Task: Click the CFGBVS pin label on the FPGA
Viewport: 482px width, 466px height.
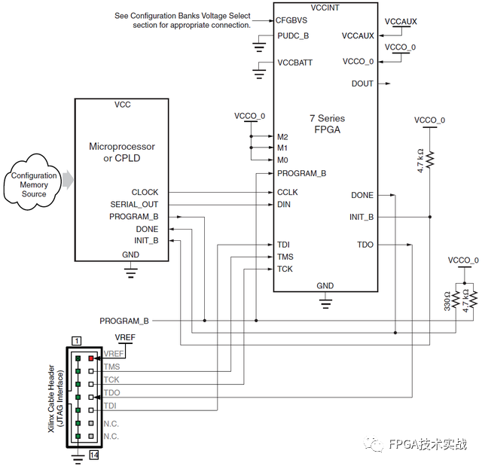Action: [x=291, y=21]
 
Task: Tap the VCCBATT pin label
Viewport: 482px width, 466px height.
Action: [x=294, y=62]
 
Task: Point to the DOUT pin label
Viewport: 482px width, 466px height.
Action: [x=362, y=84]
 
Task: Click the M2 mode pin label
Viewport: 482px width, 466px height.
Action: [x=282, y=137]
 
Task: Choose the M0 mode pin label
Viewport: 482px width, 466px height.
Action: [x=282, y=160]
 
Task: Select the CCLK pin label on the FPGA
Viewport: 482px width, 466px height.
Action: [x=288, y=193]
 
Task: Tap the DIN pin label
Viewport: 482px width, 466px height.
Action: [x=284, y=204]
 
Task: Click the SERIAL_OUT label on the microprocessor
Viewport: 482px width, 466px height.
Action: [x=135, y=205]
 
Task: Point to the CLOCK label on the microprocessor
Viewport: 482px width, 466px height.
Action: [x=145, y=193]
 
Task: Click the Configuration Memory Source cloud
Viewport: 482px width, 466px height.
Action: [x=34, y=184]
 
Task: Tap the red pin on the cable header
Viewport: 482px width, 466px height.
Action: [x=91, y=358]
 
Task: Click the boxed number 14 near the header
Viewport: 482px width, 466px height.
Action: [x=95, y=455]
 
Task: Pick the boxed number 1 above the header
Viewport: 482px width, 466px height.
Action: [x=76, y=341]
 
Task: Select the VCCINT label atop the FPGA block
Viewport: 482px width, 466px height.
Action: [x=325, y=6]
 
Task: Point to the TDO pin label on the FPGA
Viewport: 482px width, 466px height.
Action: [x=365, y=245]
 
